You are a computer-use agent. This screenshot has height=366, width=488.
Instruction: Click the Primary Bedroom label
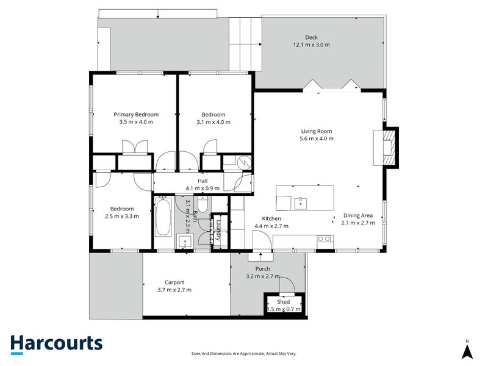(136, 115)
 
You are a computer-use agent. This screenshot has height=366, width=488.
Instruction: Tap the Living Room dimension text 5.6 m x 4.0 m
(316, 138)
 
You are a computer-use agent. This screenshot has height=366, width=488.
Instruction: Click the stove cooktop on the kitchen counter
(325, 239)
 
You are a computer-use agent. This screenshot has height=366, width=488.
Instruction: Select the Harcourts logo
(56, 343)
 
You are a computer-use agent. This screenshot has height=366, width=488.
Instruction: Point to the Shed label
(283, 302)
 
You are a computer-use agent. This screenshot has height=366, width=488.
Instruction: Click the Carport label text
(174, 282)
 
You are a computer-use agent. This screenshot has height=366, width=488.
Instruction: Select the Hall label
(194, 181)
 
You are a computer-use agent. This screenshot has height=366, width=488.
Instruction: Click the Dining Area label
(359, 215)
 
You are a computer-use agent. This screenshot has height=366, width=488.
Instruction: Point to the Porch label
(262, 269)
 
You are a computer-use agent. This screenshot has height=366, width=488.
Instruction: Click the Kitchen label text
(271, 218)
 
